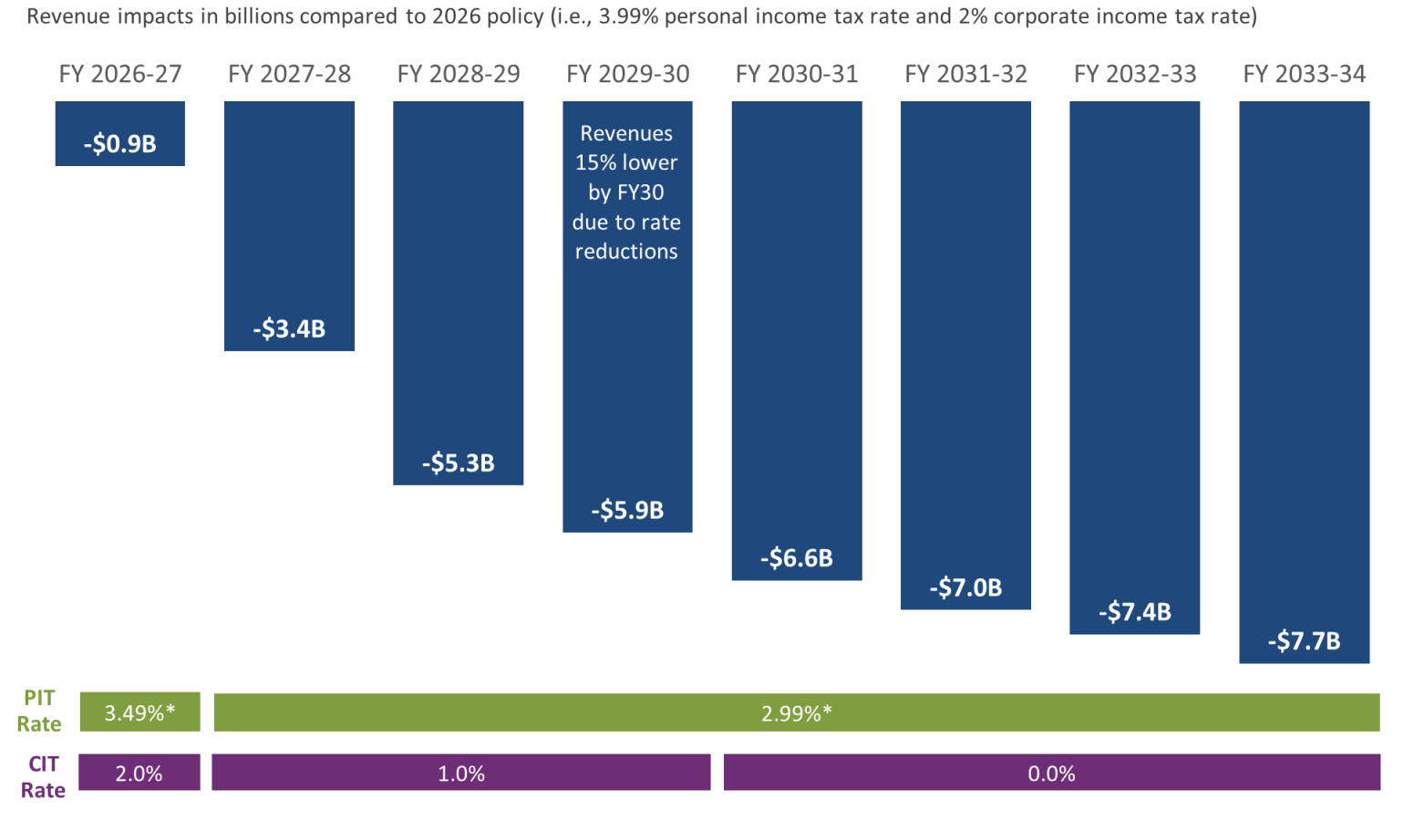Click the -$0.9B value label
[120, 144]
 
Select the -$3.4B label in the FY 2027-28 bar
[289, 328]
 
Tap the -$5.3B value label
[458, 463]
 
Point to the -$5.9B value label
[627, 510]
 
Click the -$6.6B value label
[796, 557]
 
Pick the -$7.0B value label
[965, 587]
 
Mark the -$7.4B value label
[1134, 612]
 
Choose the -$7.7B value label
[1304, 641]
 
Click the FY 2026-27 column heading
[120, 74]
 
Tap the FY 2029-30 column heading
[627, 74]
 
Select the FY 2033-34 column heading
[1304, 74]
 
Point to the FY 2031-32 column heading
[965, 74]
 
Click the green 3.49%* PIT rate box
[139, 712]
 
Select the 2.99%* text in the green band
[796, 713]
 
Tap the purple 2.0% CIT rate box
[139, 774]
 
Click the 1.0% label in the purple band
[460, 774]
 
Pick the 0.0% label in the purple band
[1051, 774]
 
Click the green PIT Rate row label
[39, 711]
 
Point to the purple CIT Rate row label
[43, 777]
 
